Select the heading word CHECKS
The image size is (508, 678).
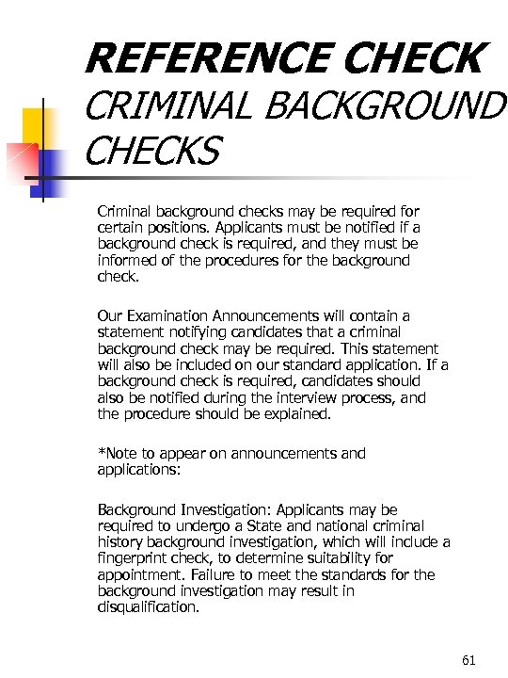[x=153, y=149]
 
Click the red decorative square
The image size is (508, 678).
[x=21, y=157]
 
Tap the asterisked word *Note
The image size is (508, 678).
[x=117, y=453]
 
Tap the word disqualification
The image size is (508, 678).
[x=149, y=607]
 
